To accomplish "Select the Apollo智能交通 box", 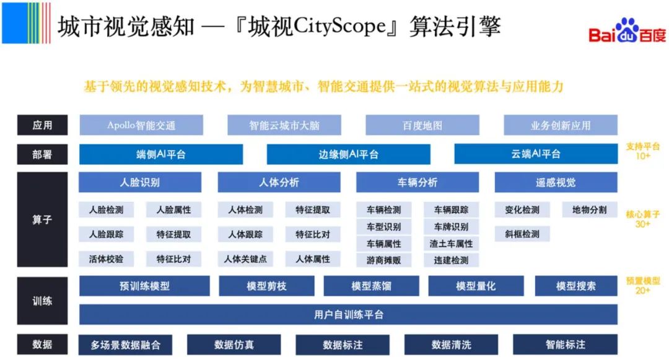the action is click(x=141, y=125).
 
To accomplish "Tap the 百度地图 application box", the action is click(x=422, y=125).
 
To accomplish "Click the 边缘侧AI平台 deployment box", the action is click(x=348, y=154).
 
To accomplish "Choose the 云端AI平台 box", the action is click(x=536, y=154).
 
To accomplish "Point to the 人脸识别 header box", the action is click(x=140, y=182).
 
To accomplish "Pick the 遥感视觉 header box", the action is click(x=556, y=182).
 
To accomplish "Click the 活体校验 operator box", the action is click(x=107, y=259).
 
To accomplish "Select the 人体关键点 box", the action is click(x=245, y=259).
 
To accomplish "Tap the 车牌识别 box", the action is click(x=451, y=227).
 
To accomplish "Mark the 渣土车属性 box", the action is click(x=451, y=244).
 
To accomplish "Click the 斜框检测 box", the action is click(x=522, y=234).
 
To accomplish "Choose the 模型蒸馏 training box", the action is click(x=371, y=286).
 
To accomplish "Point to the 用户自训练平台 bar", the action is click(x=348, y=315).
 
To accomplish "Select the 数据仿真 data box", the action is click(x=234, y=345).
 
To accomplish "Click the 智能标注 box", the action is click(x=565, y=345).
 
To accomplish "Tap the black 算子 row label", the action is click(x=42, y=219).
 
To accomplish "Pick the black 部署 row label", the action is click(x=42, y=154).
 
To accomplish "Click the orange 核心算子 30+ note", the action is click(x=643, y=219).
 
